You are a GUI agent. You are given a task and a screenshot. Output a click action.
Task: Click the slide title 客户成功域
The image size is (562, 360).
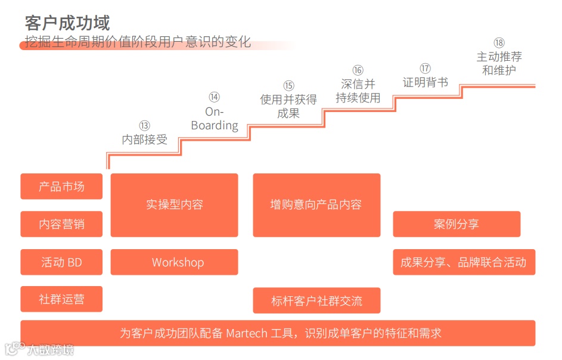[x=67, y=23]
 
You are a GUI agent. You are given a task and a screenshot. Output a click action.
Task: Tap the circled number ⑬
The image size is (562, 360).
[x=145, y=126]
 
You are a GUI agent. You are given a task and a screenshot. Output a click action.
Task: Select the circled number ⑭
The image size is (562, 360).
[x=215, y=97]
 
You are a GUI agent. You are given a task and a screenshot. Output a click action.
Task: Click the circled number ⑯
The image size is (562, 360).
[x=358, y=70]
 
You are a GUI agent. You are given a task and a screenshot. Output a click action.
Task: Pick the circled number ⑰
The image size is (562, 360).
[x=425, y=69]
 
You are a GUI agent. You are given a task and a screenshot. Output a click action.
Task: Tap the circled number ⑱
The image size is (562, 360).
[x=499, y=43]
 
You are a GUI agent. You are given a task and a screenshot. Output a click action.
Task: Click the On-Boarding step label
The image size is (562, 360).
[x=215, y=119]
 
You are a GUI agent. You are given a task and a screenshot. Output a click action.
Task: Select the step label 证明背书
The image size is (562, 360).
[x=425, y=83]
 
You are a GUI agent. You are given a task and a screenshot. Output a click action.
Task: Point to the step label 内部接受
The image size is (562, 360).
[x=145, y=140]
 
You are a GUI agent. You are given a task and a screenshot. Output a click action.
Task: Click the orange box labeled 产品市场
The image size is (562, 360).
[x=61, y=187]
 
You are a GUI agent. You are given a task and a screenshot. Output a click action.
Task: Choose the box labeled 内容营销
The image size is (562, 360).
[x=61, y=224]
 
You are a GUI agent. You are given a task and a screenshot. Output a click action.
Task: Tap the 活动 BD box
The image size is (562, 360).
[x=61, y=262]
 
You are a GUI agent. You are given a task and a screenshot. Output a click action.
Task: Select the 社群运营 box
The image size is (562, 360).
[x=61, y=299]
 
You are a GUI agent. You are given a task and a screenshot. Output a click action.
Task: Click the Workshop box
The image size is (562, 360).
[x=174, y=262]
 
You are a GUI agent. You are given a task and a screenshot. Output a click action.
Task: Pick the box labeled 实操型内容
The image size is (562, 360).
[x=174, y=204]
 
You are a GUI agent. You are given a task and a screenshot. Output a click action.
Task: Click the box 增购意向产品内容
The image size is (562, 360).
[x=316, y=204]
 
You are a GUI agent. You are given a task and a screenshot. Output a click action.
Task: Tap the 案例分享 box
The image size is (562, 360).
[x=457, y=224]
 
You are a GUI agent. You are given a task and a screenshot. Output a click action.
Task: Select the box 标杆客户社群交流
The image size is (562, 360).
[x=316, y=300]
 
